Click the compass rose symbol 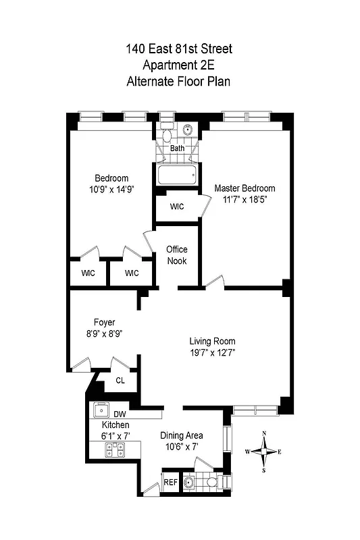tap(268, 452)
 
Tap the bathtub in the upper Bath tap(178, 176)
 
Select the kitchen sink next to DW tap(102, 410)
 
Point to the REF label tap(170, 483)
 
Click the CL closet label tap(120, 381)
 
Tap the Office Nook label tap(177, 255)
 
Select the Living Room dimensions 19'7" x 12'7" tap(212, 352)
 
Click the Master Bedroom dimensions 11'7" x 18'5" tap(245, 199)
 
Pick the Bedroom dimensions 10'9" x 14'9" tap(111, 190)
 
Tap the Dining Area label tap(181, 435)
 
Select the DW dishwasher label tap(120, 414)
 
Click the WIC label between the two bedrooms tap(177, 207)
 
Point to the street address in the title tap(179, 49)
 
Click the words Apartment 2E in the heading tap(179, 65)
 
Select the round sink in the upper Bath tap(188, 130)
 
